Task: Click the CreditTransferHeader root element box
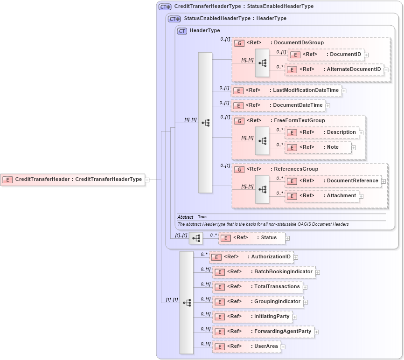click(73, 179)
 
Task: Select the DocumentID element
click(326, 55)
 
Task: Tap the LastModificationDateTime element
click(286, 90)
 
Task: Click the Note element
click(318, 147)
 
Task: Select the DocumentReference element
click(333, 181)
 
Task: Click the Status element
click(251, 238)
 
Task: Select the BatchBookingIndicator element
click(264, 272)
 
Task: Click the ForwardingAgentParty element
click(263, 332)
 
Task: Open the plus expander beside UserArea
click(283, 347)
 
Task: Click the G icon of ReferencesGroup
click(239, 169)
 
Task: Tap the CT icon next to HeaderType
click(182, 31)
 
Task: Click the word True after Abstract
click(202, 217)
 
